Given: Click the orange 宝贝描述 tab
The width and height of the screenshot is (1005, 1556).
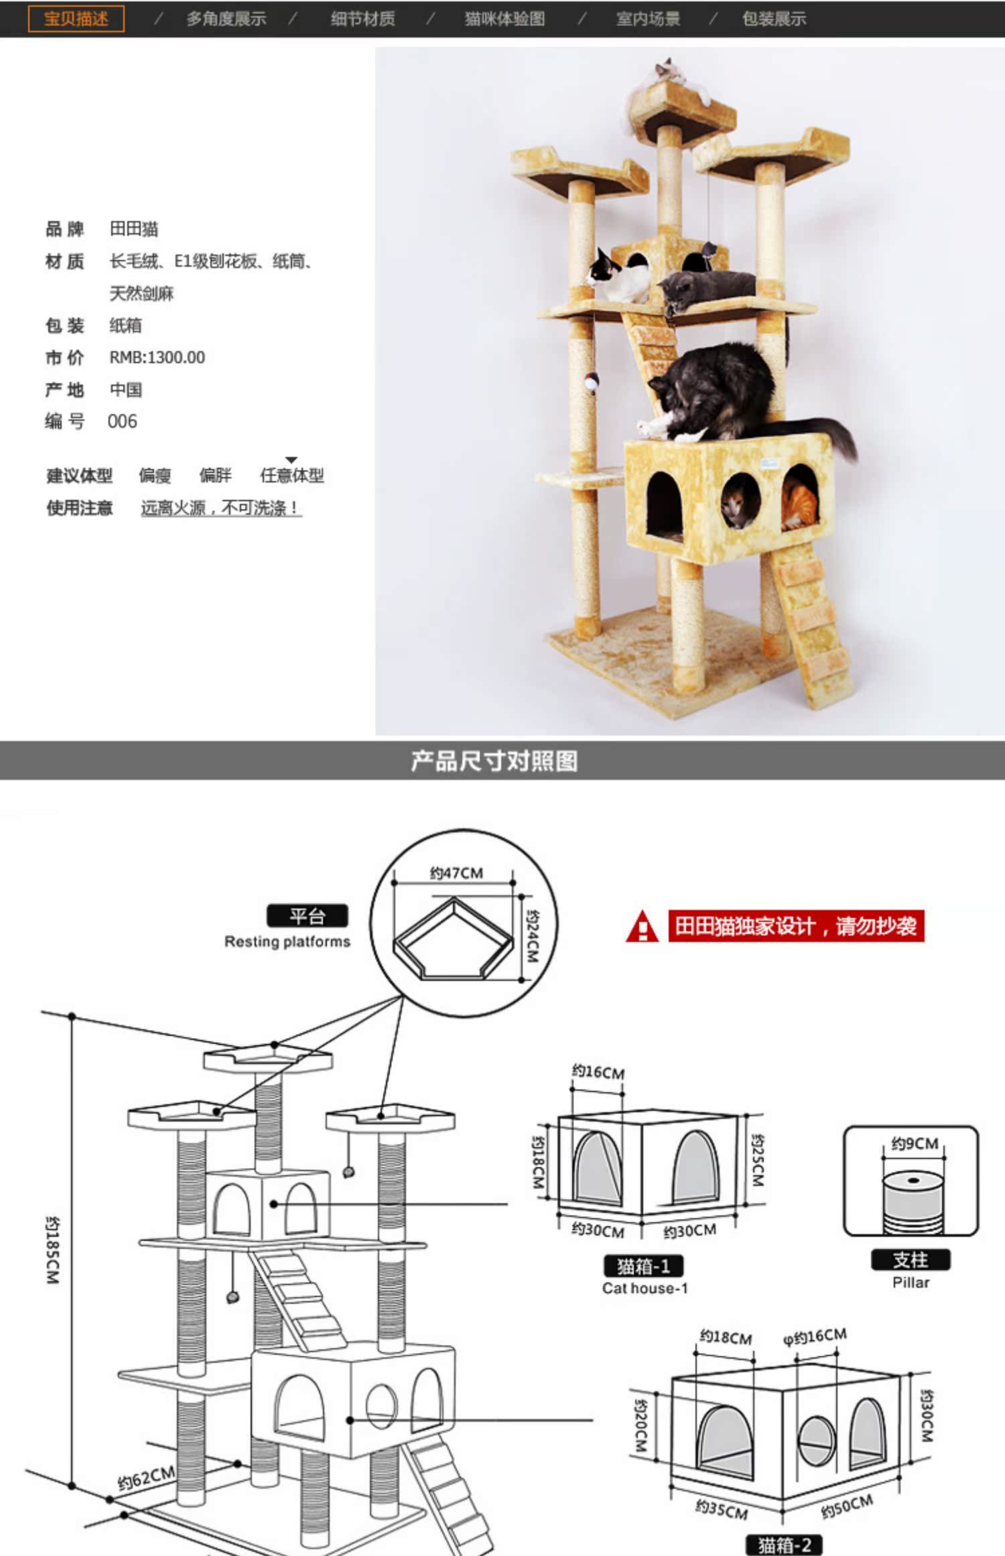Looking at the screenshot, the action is (x=76, y=19).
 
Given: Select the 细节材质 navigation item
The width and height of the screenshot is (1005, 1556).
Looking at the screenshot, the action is (x=362, y=19).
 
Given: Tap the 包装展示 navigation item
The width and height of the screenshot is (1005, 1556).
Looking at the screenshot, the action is (x=773, y=19).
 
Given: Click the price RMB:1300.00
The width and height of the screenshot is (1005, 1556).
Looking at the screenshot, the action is (x=157, y=357).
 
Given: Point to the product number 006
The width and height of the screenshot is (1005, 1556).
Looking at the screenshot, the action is (x=122, y=422).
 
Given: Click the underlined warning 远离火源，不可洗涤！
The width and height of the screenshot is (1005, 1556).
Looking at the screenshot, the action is (x=220, y=508).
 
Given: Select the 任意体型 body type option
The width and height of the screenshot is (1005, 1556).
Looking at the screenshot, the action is (x=291, y=475).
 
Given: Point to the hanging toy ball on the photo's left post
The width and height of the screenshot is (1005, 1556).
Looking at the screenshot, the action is (x=591, y=383).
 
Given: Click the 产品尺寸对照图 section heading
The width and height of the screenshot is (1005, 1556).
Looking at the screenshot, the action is (x=494, y=761).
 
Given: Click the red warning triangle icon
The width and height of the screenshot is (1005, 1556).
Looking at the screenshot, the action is (x=642, y=927).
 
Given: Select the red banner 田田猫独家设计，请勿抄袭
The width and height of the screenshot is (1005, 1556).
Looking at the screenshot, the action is (x=795, y=926).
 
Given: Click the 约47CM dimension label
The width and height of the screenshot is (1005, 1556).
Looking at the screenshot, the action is (x=456, y=872).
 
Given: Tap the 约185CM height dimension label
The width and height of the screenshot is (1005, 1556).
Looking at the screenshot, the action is (x=53, y=1250).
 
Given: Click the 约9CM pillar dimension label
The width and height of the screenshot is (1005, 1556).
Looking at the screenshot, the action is (x=914, y=1143).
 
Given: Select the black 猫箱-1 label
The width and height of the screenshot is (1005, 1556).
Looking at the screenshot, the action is (x=643, y=1266).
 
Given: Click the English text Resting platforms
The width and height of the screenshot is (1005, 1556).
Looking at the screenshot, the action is (x=287, y=942).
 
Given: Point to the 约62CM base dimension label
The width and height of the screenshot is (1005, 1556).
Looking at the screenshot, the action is (x=145, y=1478).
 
